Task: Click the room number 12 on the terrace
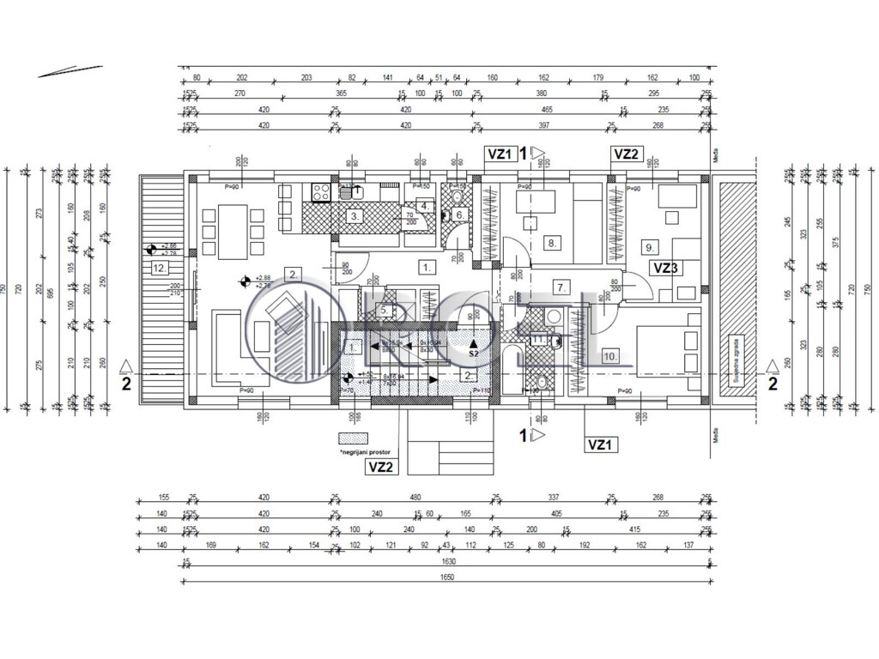coord(158,268)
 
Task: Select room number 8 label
coord(552,243)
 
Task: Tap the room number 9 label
coord(649,247)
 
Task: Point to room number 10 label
coord(611,355)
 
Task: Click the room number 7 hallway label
coord(561,287)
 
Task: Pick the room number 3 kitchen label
coord(354,216)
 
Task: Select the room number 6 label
coord(459,215)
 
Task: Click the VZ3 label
coord(666,268)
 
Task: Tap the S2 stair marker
coord(473,348)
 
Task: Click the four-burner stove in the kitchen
coord(322,192)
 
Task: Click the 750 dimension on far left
coord(6,289)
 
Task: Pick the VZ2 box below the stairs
coord(380,467)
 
